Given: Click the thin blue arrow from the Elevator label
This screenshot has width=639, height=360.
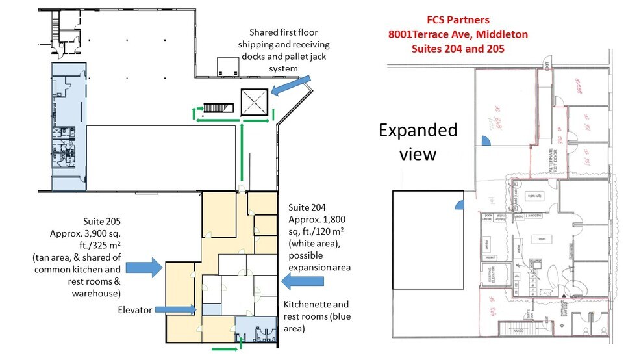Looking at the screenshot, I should (x=175, y=311).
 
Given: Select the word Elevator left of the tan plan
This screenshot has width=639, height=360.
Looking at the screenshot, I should (x=136, y=311).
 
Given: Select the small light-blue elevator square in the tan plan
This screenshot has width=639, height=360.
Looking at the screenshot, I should (x=210, y=310).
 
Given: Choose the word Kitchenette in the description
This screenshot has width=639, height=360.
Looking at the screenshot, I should (x=307, y=305).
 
